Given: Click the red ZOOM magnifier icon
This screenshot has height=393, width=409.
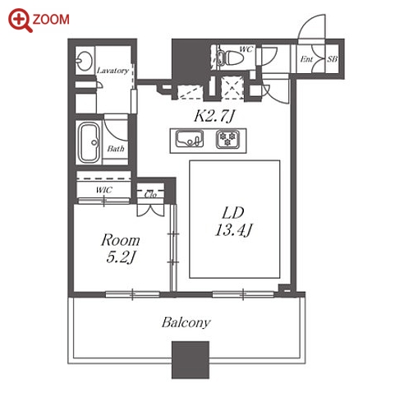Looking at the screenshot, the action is coord(21,20).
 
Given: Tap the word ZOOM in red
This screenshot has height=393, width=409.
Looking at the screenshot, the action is coord(51,20).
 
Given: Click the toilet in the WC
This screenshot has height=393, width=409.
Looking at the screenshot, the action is coord(230,58).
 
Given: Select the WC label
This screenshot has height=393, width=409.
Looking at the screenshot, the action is coord(246,49).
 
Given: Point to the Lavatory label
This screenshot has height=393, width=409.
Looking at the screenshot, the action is coord(113,71).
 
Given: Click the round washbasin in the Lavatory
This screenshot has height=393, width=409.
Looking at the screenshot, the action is coord(84,61).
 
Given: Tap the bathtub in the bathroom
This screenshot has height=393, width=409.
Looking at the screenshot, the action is coord(89,142).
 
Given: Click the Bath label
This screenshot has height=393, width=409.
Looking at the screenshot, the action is coord(116,149).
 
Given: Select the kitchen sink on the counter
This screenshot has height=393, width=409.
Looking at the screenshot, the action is coord(190,139).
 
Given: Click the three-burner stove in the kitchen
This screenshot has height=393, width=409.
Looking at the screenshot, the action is coord(227,139).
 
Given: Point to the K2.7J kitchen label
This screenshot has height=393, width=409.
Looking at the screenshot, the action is coord(214,117).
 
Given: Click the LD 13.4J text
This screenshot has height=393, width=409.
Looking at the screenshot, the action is coord(233,221).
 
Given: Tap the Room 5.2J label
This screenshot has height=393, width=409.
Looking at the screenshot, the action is coord(121,248).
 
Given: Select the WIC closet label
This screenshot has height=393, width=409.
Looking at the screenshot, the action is coord(104,190).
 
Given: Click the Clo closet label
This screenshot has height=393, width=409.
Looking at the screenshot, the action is coord(150,194).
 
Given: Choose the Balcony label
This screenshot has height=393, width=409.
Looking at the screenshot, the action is coord(186,323).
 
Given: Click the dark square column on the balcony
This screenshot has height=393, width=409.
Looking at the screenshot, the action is coord(191,360).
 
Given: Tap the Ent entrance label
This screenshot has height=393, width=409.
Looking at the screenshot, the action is coord(306,59).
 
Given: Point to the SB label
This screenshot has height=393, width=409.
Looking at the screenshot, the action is coord(333,58).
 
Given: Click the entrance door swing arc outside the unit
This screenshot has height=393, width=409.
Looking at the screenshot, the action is coord(306,22).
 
